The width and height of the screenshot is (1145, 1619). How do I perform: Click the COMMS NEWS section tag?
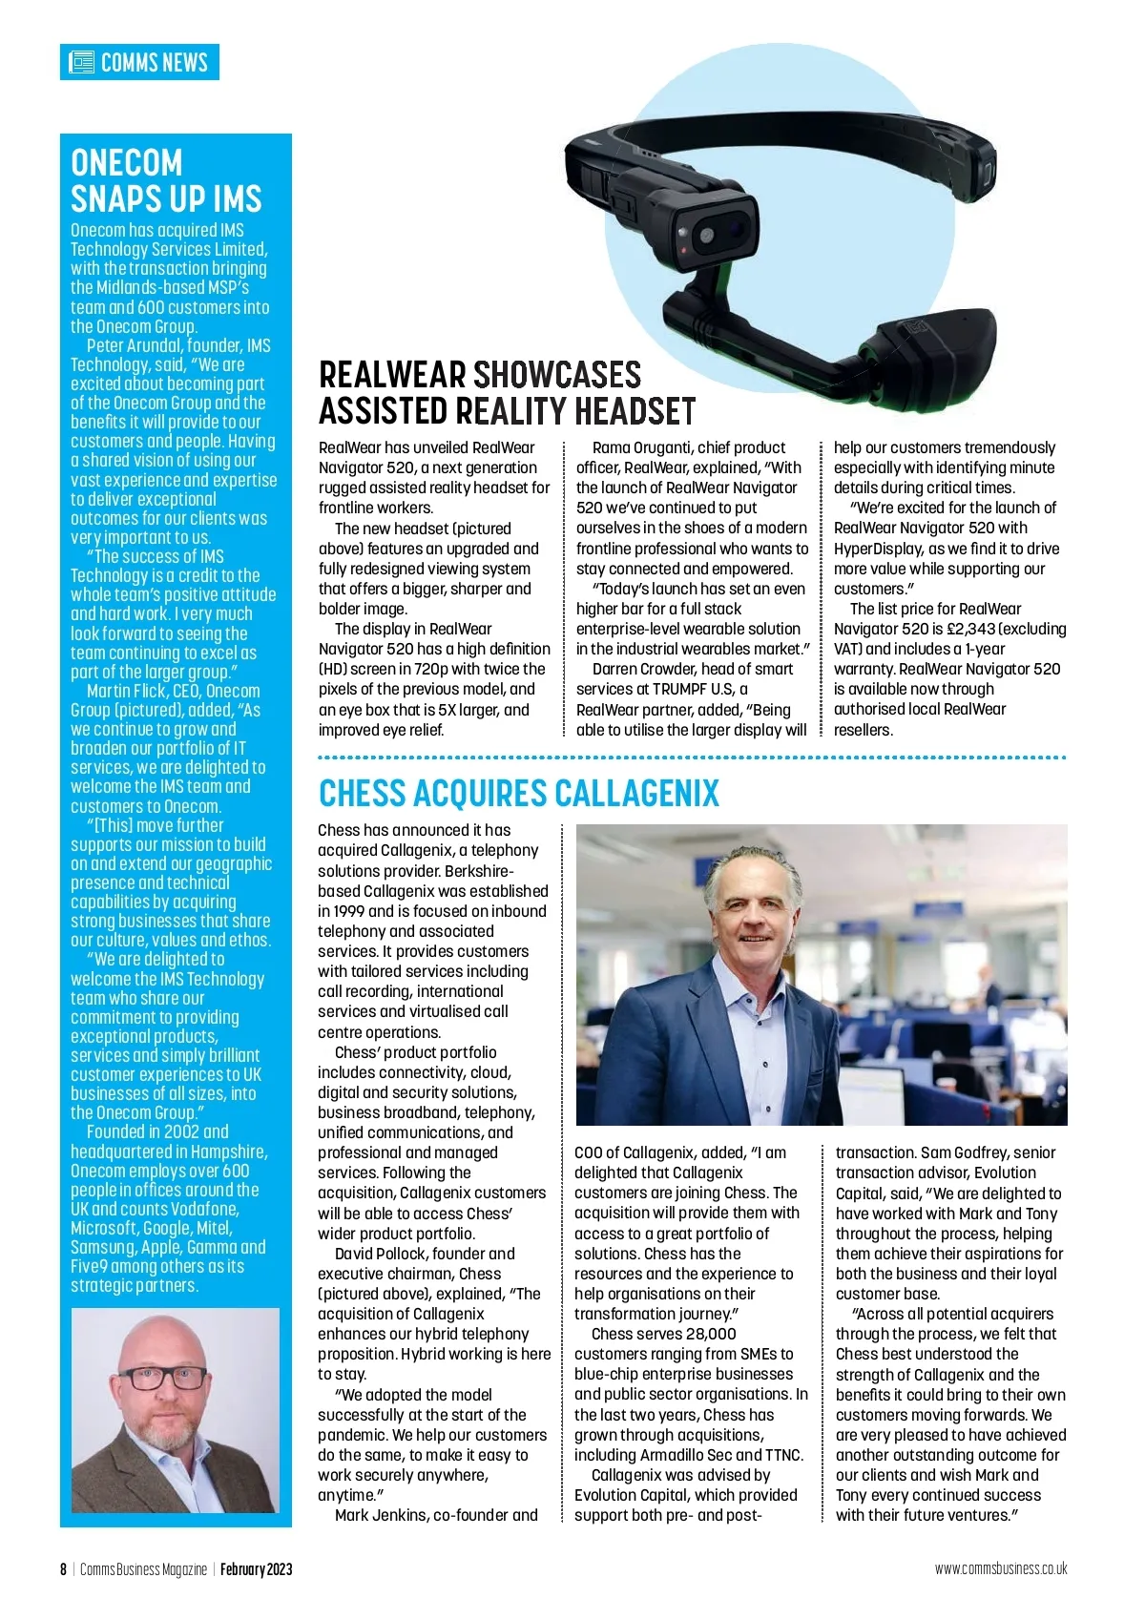pos(140,63)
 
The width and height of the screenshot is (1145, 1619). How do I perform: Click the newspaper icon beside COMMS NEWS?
pos(82,63)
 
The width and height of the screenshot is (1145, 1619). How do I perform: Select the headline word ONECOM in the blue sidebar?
pos(126,163)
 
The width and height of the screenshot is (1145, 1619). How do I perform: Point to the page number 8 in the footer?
pos(64,1569)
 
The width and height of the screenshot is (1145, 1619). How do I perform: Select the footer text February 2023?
pos(256,1569)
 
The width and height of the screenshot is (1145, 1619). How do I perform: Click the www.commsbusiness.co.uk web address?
pos(1000,1568)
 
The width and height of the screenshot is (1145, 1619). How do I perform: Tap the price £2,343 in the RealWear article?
pos(968,629)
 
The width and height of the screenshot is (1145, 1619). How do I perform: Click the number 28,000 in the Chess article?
pos(704,1334)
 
